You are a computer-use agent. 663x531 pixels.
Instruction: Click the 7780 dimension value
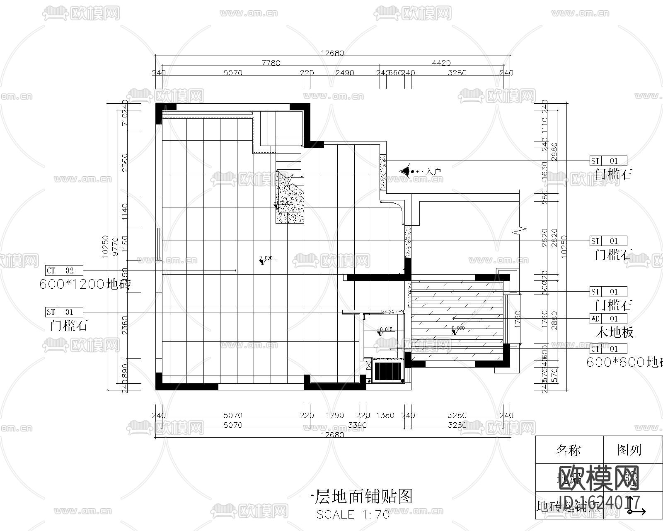click(271, 63)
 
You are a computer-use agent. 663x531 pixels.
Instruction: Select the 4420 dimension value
click(441, 63)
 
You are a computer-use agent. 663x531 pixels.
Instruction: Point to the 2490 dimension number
click(344, 73)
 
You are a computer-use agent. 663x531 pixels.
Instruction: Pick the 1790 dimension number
click(334, 415)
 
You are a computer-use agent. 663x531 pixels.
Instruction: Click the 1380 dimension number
click(385, 415)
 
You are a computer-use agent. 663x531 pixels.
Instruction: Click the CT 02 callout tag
click(64, 270)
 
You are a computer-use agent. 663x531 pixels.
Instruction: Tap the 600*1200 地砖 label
click(85, 285)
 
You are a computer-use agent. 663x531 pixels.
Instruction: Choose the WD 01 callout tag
click(608, 319)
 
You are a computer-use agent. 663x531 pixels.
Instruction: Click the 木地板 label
click(615, 332)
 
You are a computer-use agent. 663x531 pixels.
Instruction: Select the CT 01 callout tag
click(608, 349)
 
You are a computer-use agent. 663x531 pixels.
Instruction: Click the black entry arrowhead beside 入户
click(404, 171)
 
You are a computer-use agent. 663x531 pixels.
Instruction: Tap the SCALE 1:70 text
click(353, 515)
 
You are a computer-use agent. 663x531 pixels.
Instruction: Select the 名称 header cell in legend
click(569, 450)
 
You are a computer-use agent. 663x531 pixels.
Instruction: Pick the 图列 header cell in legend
click(629, 450)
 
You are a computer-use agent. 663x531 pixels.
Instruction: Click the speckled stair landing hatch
click(289, 199)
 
